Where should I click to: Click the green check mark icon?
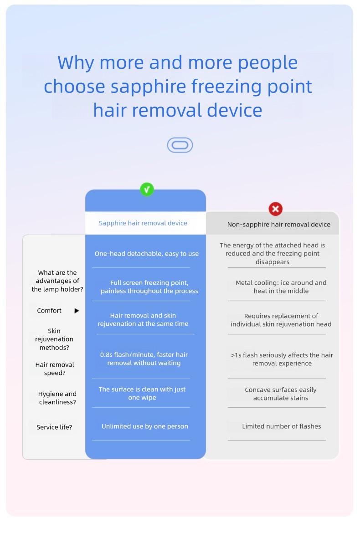[x=147, y=190]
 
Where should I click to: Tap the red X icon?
[x=275, y=209]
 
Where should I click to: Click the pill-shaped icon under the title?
[x=180, y=145]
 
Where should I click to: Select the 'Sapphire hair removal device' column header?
[x=143, y=223]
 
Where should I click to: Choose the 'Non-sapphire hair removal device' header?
[x=278, y=224]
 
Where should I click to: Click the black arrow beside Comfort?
[x=77, y=311]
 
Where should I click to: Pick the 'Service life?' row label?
[x=54, y=427]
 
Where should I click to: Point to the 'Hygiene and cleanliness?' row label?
[x=57, y=398]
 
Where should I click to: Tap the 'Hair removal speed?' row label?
[x=55, y=369]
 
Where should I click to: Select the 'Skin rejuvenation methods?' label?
[x=54, y=339]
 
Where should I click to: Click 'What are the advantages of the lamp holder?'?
[x=57, y=281]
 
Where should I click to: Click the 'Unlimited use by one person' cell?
[x=145, y=426]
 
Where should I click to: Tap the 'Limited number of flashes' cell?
[x=281, y=426]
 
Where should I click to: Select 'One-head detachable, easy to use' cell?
[x=147, y=254]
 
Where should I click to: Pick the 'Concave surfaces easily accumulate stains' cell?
[x=281, y=394]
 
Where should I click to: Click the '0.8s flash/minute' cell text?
[x=144, y=359]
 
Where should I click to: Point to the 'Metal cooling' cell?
[x=281, y=287]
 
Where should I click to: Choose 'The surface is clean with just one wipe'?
[x=142, y=394]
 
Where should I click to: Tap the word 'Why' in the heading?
[x=76, y=62]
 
